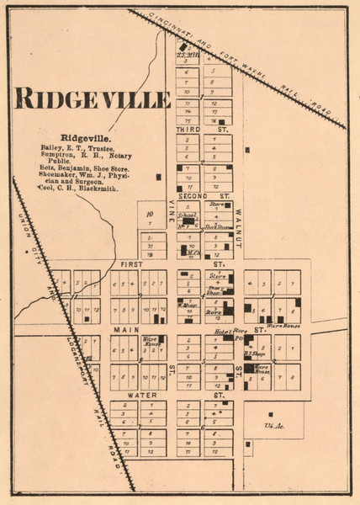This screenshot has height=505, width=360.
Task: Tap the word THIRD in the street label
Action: point(187,130)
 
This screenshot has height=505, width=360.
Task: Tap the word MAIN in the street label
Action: point(125,330)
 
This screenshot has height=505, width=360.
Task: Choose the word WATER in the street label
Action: point(139,394)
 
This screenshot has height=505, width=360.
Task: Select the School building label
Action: point(187,215)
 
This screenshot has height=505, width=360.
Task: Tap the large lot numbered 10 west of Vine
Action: point(149,214)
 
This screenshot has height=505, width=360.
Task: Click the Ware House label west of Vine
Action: point(151,343)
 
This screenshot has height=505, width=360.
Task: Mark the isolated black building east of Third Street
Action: point(247,150)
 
